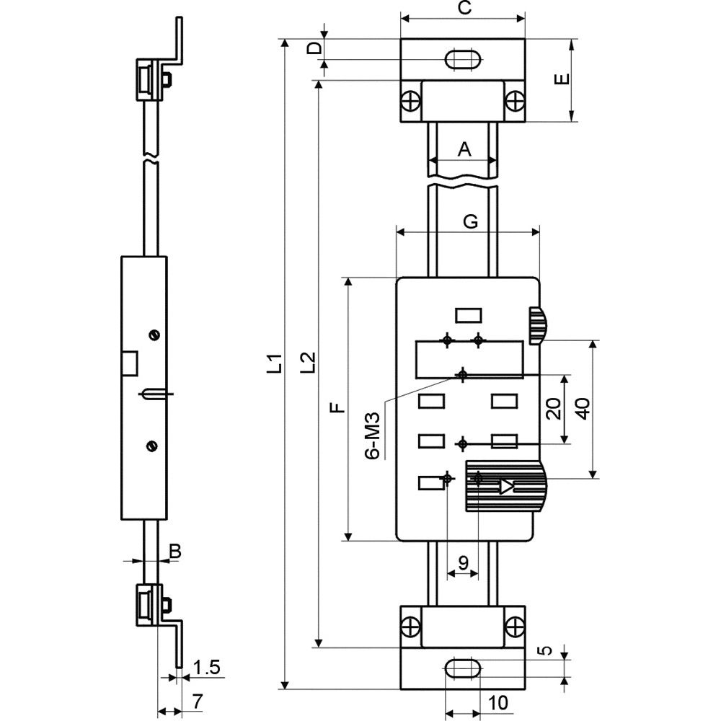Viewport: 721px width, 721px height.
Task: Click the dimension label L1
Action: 275,363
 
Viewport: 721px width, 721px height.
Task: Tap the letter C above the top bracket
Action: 465,8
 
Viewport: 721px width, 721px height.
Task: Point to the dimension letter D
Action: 314,48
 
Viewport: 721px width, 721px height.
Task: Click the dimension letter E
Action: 562,79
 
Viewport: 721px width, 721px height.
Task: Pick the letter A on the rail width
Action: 464,149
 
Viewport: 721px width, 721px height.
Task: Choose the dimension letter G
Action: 470,221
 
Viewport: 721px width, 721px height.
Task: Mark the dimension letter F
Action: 338,407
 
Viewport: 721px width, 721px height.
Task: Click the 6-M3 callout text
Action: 373,435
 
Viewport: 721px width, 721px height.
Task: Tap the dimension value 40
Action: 583,409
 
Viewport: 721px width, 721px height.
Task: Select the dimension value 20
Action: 554,409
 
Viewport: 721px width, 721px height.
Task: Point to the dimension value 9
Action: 463,562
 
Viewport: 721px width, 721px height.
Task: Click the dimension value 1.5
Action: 206,667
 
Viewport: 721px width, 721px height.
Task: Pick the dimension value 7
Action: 197,702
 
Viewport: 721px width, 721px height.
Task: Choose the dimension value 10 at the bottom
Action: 497,702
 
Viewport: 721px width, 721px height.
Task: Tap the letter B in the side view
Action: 175,551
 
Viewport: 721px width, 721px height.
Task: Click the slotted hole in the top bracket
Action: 463,60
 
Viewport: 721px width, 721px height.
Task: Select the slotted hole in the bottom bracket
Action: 463,668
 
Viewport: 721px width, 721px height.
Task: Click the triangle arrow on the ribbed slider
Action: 506,486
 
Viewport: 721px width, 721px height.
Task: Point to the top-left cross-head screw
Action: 411,102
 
